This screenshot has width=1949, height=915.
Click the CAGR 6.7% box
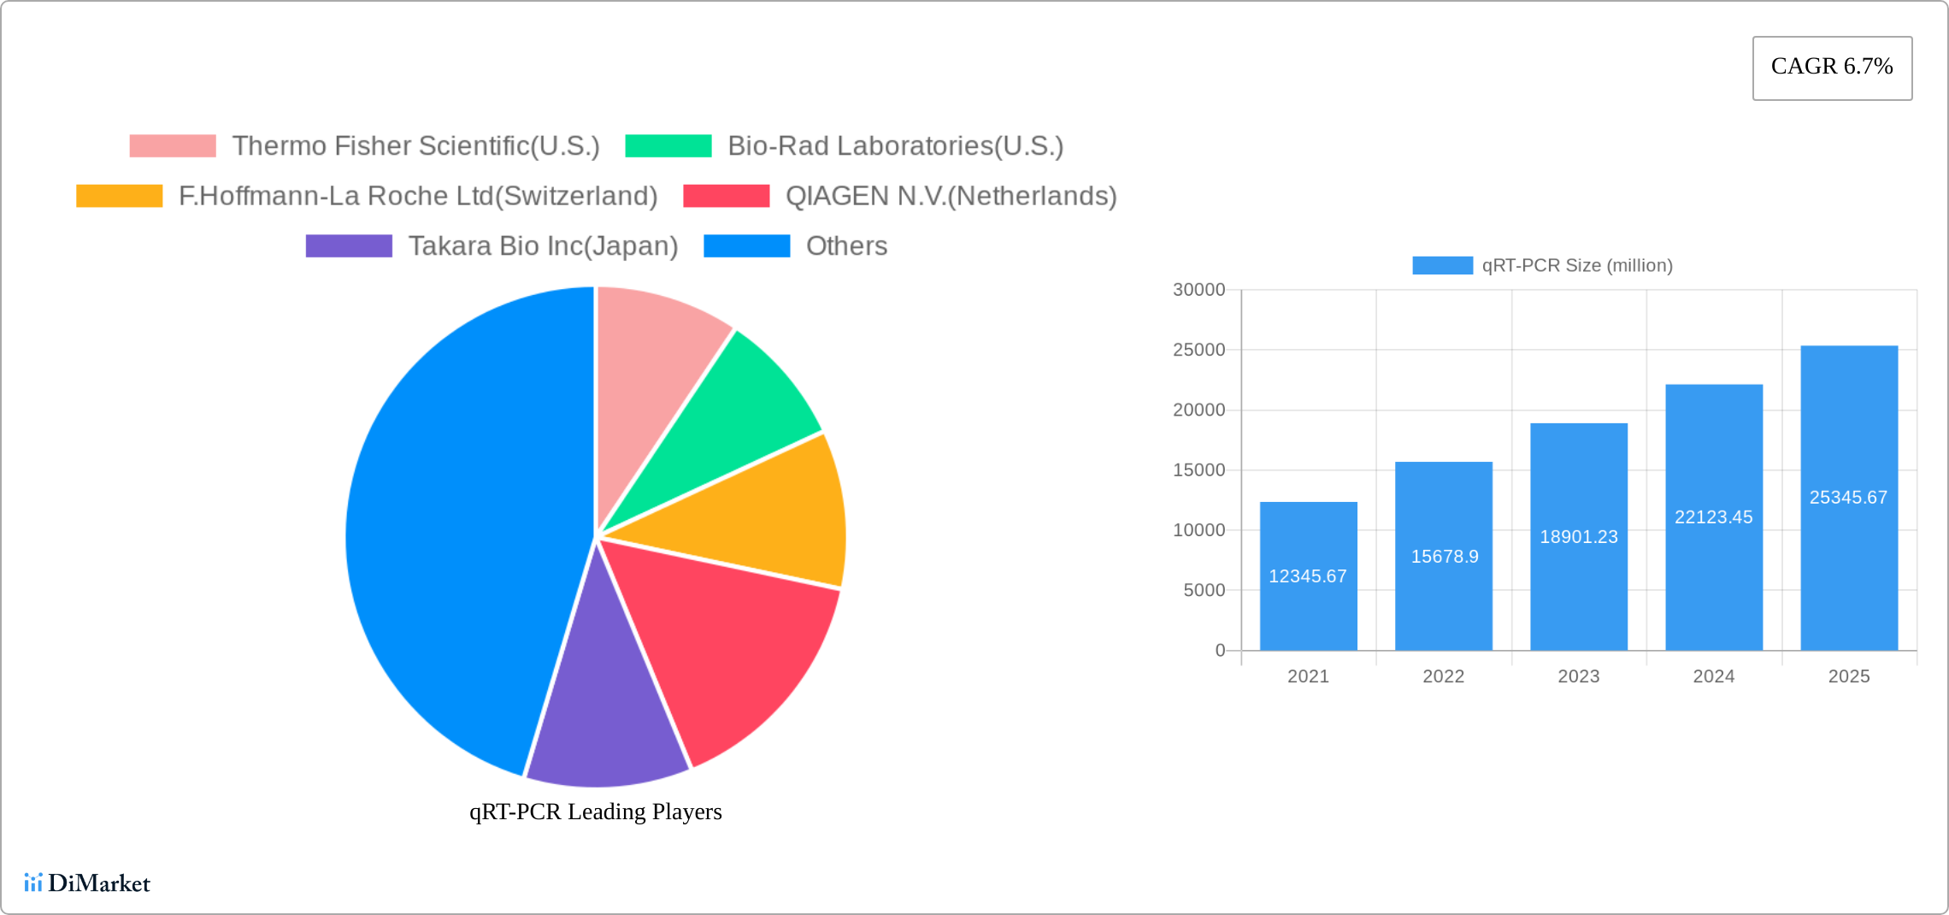(x=1832, y=68)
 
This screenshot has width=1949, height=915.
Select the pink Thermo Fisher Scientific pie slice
(x=654, y=368)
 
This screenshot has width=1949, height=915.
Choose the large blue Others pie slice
(x=453, y=530)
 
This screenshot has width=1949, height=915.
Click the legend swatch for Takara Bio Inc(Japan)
(x=349, y=246)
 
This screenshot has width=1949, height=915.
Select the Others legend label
(x=846, y=246)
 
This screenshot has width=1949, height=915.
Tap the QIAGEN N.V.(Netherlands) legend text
(x=951, y=196)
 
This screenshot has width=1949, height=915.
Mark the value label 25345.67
(x=1848, y=498)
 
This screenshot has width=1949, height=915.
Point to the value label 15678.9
(x=1444, y=557)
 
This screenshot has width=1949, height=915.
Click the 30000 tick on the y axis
(x=1198, y=290)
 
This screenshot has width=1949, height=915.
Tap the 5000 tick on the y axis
(x=1204, y=590)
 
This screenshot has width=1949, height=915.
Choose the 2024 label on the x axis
(x=1713, y=676)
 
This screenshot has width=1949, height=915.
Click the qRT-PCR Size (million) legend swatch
(x=1442, y=265)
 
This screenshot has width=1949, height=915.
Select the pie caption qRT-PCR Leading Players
(x=595, y=812)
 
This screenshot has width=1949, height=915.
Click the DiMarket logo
(x=87, y=883)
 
